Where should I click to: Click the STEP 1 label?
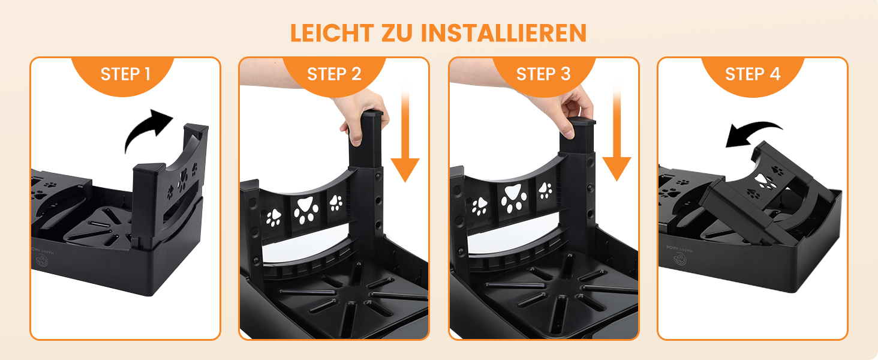(125, 74)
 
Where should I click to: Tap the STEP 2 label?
(334, 74)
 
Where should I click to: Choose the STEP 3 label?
(543, 74)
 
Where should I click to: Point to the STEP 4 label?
(753, 74)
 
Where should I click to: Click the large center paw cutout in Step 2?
(306, 210)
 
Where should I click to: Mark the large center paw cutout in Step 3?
(513, 199)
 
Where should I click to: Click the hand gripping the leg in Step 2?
(363, 116)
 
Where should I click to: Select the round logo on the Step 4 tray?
(680, 259)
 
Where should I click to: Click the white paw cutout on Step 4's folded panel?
(763, 181)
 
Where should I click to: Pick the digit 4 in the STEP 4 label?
(775, 74)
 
